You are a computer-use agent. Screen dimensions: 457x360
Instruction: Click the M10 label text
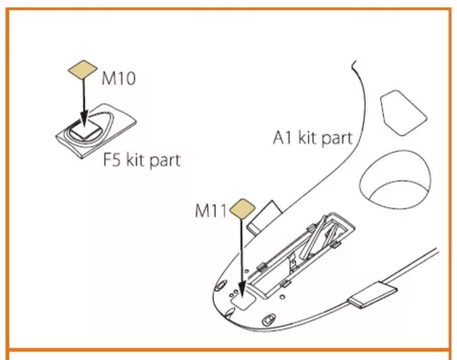119,79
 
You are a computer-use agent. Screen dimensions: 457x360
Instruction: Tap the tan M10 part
82,69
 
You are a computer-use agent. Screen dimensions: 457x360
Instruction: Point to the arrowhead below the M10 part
84,119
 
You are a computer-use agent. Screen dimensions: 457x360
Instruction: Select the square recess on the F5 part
85,131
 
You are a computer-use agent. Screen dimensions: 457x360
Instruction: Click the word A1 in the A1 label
282,137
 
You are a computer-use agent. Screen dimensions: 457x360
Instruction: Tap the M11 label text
211,210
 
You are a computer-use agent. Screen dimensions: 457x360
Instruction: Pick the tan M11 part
242,209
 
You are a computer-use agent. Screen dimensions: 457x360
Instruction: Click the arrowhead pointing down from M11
242,289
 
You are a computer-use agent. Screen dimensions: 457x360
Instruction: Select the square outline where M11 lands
243,300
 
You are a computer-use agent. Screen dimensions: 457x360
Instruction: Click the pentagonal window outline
403,112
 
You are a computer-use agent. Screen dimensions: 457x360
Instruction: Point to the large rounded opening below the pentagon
395,179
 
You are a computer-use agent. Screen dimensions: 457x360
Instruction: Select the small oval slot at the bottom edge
267,320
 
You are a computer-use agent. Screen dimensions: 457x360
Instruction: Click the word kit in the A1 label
308,137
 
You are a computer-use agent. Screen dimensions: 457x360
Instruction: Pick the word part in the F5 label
165,161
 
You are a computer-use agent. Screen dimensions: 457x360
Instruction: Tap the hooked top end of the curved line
354,65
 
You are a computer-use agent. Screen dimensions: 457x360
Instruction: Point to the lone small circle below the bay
282,296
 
